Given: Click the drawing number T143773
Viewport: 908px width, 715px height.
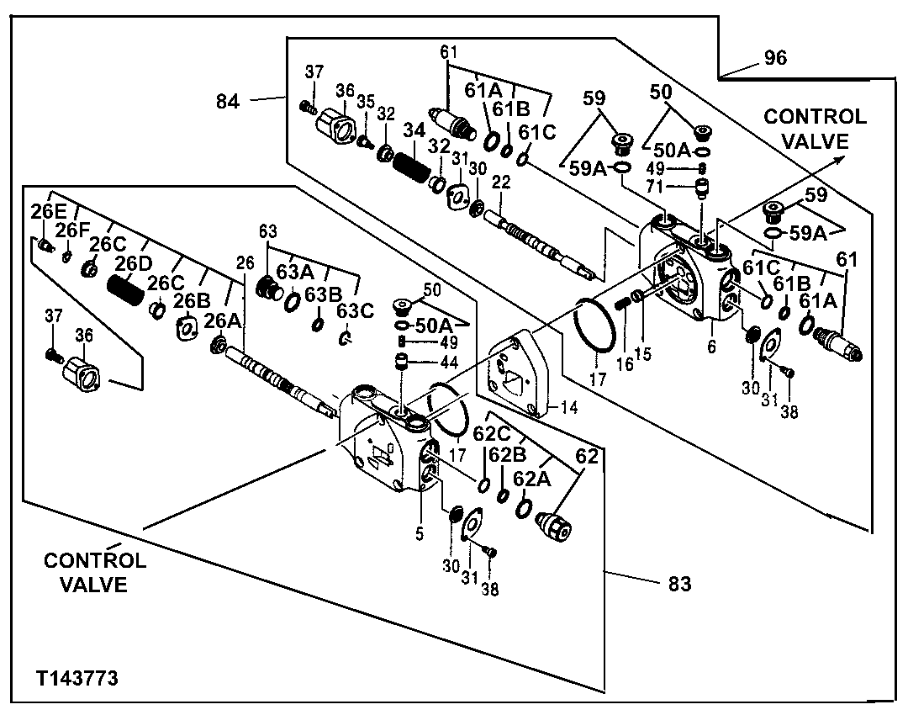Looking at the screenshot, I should [77, 677].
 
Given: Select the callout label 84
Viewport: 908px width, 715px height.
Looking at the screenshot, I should [228, 102].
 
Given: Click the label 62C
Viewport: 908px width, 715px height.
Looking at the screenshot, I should [493, 433].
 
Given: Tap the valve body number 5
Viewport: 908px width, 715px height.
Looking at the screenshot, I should [420, 532].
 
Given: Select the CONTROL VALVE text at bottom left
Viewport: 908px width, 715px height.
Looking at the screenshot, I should [95, 572].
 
